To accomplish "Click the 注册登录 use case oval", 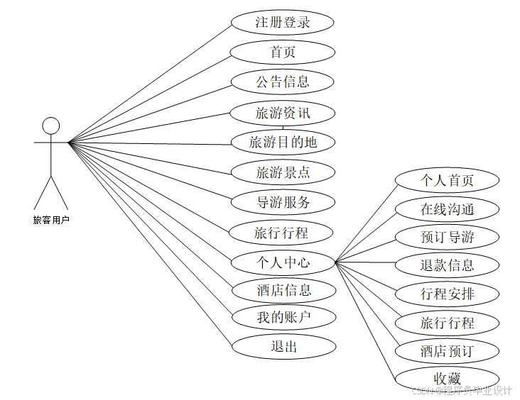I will click(x=283, y=22).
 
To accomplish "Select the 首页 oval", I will click(x=283, y=52).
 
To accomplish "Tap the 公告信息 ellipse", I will click(x=283, y=82).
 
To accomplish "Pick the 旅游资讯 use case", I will click(x=283, y=112).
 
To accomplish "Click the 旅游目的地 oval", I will click(x=283, y=143).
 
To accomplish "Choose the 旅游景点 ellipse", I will click(x=283, y=172).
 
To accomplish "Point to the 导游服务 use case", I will click(x=283, y=202).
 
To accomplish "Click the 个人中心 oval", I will click(x=283, y=262).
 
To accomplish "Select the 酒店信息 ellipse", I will click(x=283, y=290).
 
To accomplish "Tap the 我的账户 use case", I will click(x=283, y=317).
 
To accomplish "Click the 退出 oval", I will click(x=283, y=346).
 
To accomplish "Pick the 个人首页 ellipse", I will click(x=447, y=180).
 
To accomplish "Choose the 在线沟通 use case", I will click(x=447, y=209).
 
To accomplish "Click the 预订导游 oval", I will click(x=447, y=237).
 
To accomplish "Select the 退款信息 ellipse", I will click(x=447, y=266).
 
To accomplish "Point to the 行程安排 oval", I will click(x=447, y=294).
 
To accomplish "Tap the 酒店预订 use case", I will click(x=447, y=351).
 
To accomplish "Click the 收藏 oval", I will click(x=447, y=378).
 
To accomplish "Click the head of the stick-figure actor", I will click(x=51, y=126).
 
